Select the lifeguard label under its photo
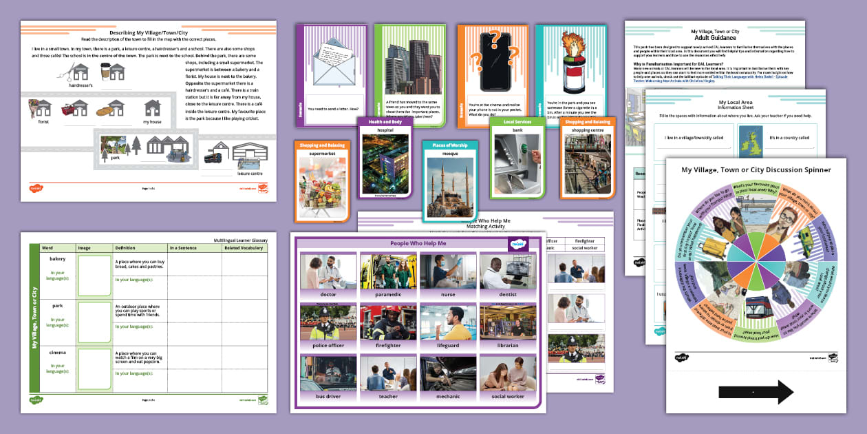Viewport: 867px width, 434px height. tap(447, 345)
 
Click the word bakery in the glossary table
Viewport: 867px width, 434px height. tap(58, 259)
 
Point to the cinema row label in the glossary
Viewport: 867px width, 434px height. tap(58, 352)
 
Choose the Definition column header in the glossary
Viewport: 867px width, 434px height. tap(125, 247)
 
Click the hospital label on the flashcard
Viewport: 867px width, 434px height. tap(385, 130)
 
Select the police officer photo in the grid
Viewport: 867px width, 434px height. tap(328, 322)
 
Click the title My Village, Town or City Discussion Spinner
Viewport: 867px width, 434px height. tap(756, 169)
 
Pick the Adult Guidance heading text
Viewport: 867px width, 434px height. tap(715, 38)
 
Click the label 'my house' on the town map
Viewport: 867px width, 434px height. tap(153, 122)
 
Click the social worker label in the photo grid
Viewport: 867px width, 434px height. tap(507, 396)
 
